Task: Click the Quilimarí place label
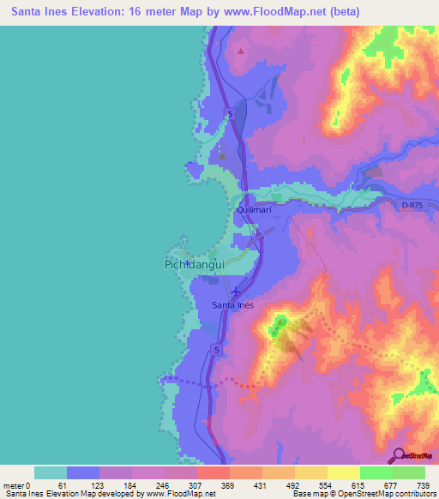(255, 209)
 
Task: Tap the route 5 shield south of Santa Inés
(217, 351)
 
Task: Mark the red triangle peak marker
(241, 51)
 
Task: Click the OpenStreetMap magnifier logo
(398, 454)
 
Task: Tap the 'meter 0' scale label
(17, 485)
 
